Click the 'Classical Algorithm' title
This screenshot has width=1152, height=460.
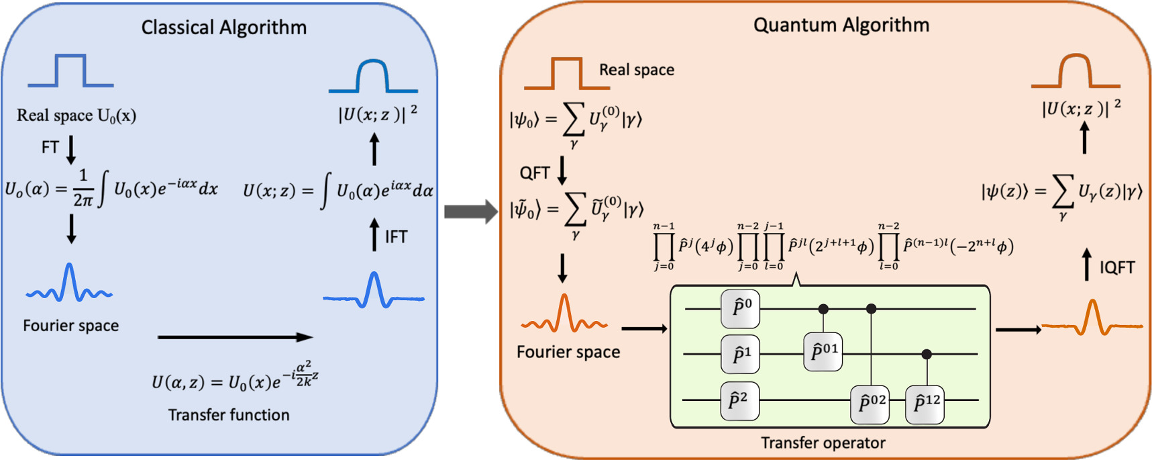tap(223, 28)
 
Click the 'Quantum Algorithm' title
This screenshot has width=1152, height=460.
tap(841, 26)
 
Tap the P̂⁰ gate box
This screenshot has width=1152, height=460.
tap(740, 309)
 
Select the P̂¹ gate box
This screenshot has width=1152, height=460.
tap(740, 354)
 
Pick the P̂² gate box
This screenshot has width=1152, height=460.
tap(740, 401)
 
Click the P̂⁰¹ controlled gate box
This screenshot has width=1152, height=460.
tap(823, 351)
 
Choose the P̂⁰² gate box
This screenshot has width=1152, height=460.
tap(870, 404)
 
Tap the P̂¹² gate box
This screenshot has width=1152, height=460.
tap(925, 404)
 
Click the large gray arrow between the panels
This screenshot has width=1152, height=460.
tap(470, 212)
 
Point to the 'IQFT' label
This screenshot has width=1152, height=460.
tap(1117, 268)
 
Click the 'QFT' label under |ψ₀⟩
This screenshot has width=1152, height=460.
tap(535, 173)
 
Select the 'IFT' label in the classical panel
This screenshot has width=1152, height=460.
tap(396, 237)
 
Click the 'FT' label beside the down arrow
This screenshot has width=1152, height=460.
tap(50, 147)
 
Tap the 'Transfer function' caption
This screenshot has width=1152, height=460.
tap(229, 415)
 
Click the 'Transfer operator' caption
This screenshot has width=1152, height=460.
tap(823, 443)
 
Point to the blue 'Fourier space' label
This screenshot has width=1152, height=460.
tap(70, 326)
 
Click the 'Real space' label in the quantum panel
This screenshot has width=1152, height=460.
tap(636, 70)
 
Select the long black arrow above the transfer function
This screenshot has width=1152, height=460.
tap(235, 337)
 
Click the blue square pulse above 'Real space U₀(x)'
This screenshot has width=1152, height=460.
tap(70, 71)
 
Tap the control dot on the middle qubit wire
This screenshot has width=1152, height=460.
tap(927, 354)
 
